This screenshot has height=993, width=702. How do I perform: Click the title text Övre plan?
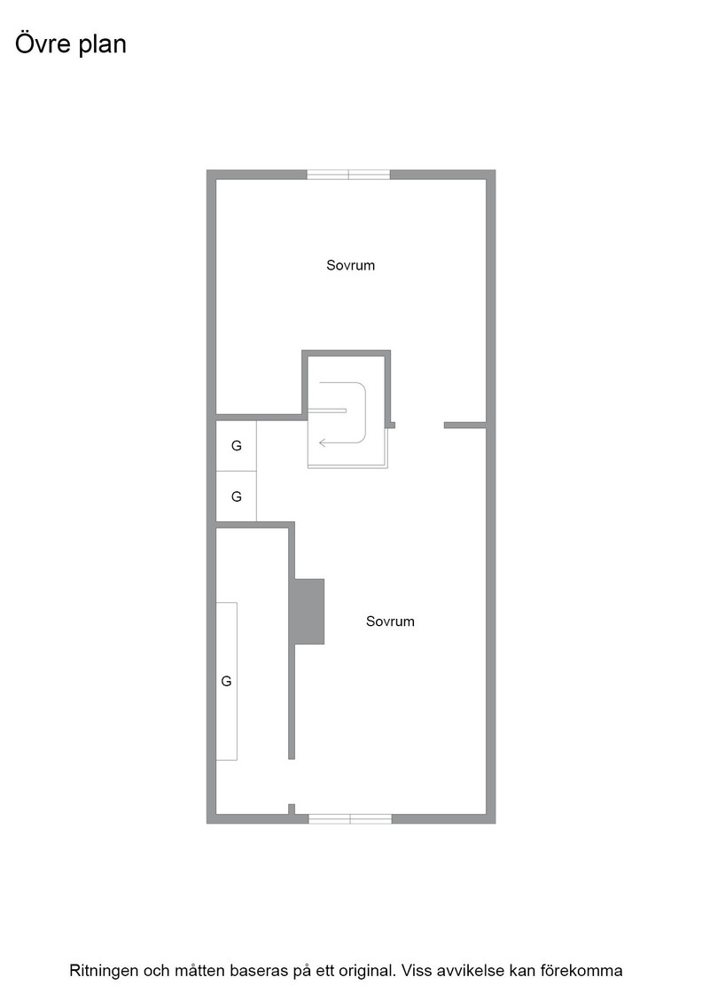[70, 43]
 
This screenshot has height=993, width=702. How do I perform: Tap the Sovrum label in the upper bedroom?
[350, 265]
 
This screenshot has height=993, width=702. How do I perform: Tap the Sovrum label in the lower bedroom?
[390, 622]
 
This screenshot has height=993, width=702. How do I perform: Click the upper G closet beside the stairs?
[236, 446]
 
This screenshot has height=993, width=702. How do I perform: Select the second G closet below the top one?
[236, 496]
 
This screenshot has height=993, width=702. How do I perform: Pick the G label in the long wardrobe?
[226, 682]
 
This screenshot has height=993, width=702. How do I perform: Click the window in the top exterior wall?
[348, 175]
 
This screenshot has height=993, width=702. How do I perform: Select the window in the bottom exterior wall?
[350, 819]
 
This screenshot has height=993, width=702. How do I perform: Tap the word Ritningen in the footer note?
[103, 970]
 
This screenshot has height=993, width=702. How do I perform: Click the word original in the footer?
[364, 970]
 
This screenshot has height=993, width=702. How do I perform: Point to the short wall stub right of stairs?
[464, 425]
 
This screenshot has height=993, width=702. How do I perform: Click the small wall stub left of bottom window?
[292, 809]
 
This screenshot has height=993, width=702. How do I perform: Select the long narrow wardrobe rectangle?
[227, 682]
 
